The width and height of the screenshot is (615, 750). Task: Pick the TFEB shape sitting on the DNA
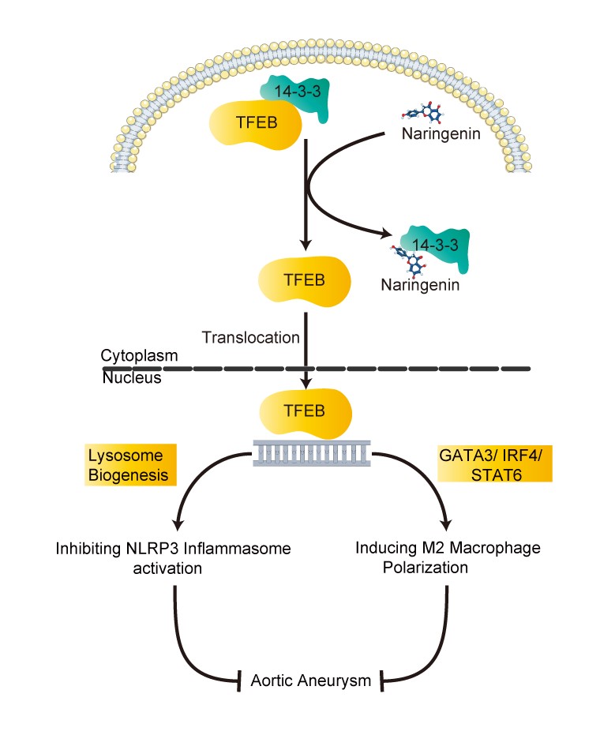point(305,411)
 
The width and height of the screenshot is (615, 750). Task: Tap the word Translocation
point(251,338)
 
